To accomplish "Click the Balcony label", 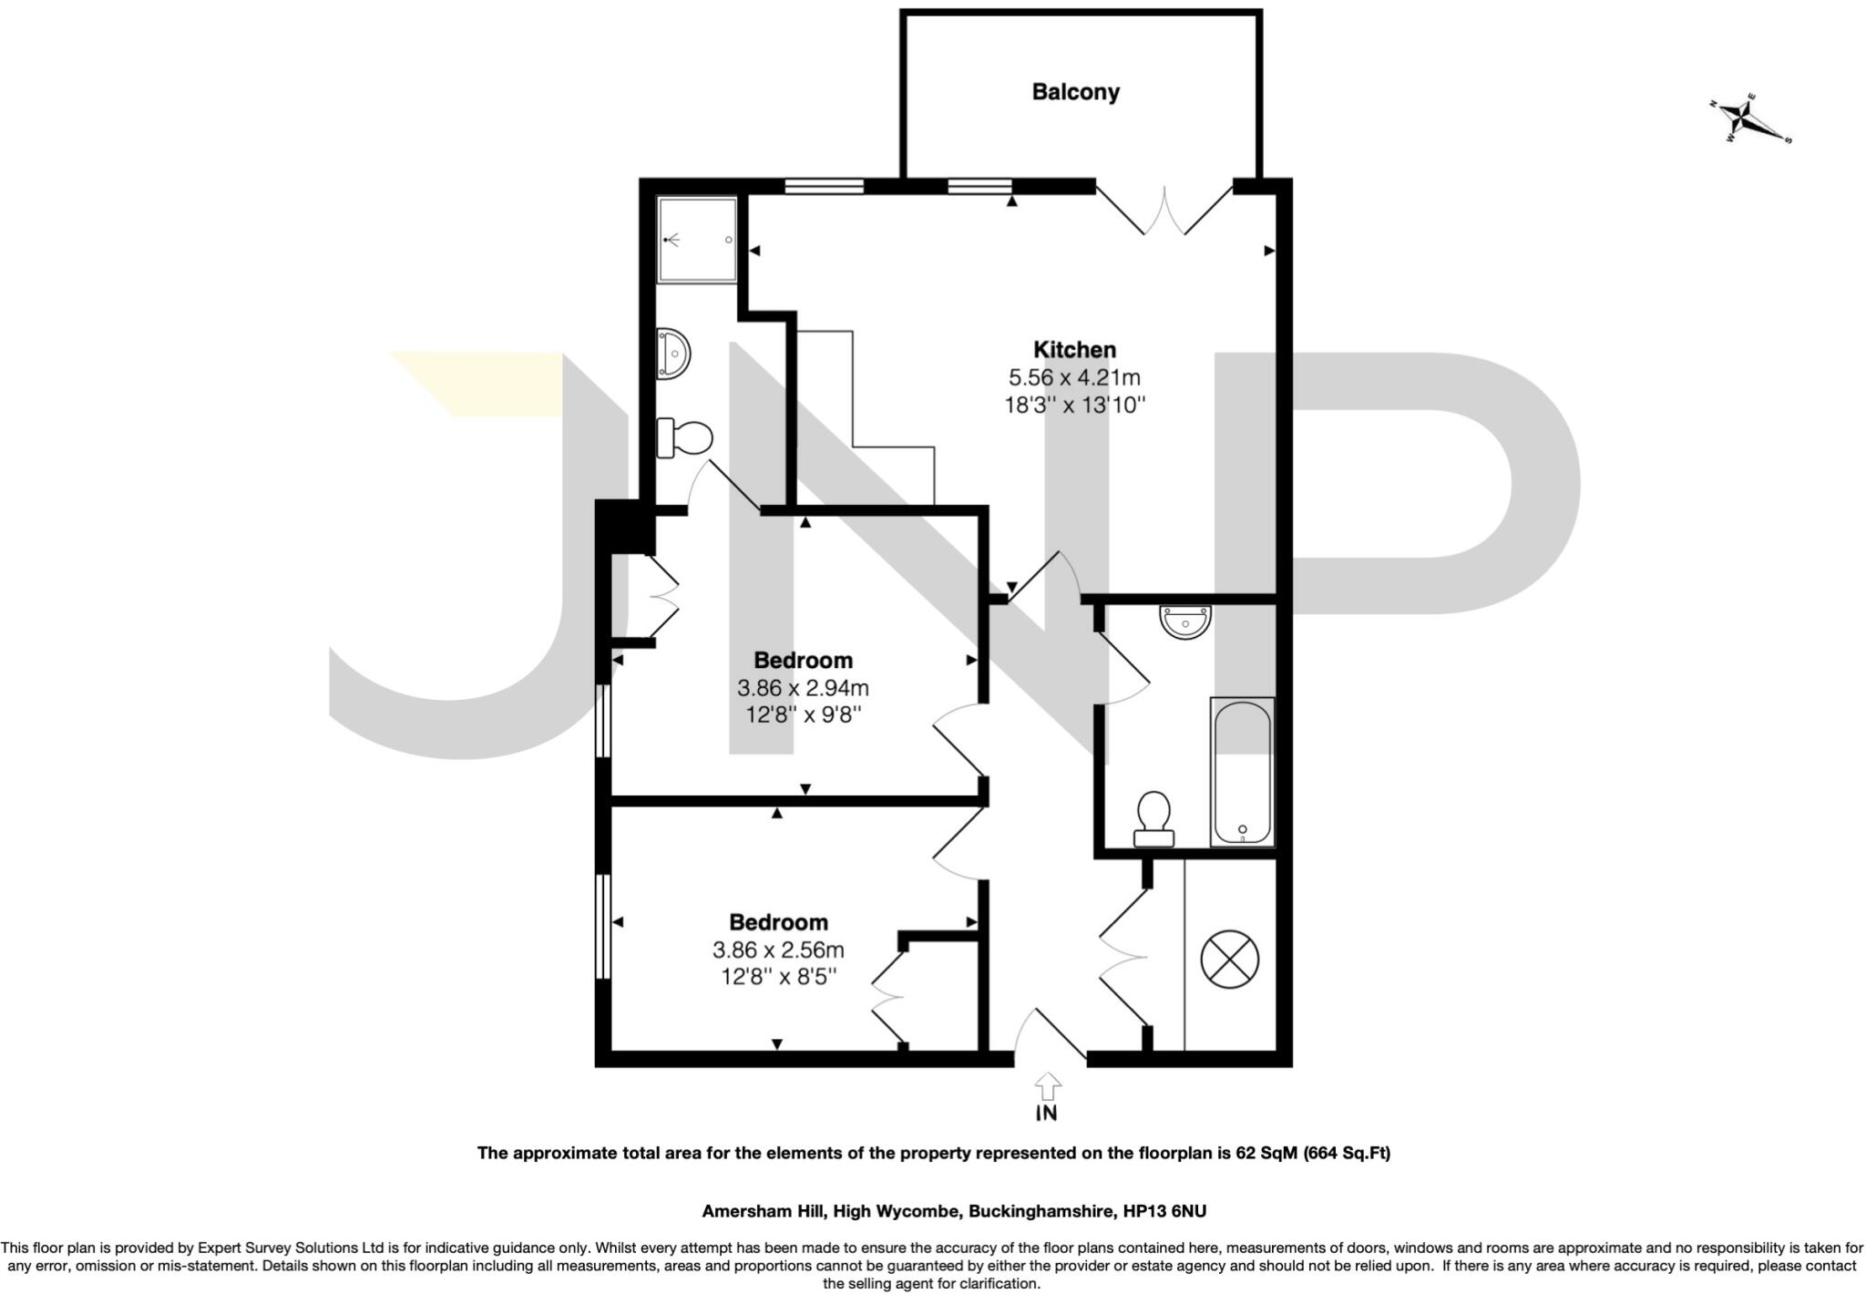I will [x=1075, y=92].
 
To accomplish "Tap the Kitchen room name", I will [x=1074, y=350].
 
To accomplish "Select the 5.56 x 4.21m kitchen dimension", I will [x=1074, y=377].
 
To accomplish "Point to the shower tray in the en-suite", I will [x=697, y=240].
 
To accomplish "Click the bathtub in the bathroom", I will [x=1242, y=772].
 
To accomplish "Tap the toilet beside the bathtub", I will [x=1153, y=817].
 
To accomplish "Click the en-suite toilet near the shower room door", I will [x=685, y=438].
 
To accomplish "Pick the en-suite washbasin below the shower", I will [x=673, y=352].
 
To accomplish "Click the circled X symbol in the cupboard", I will [x=1229, y=959].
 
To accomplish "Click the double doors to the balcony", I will [x=1164, y=211].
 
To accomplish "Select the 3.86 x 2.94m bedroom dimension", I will [x=803, y=688].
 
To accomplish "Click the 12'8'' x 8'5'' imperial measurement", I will [x=778, y=978].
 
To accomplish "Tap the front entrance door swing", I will [x=1048, y=1034].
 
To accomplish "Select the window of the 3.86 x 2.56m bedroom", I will [x=602, y=927].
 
